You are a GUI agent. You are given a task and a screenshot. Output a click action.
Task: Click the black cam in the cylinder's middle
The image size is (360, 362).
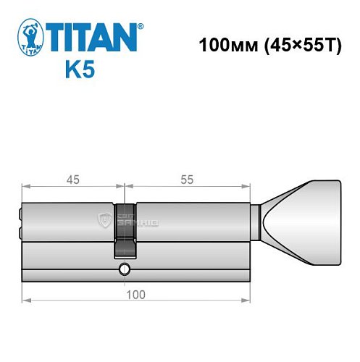coord(125,228)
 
